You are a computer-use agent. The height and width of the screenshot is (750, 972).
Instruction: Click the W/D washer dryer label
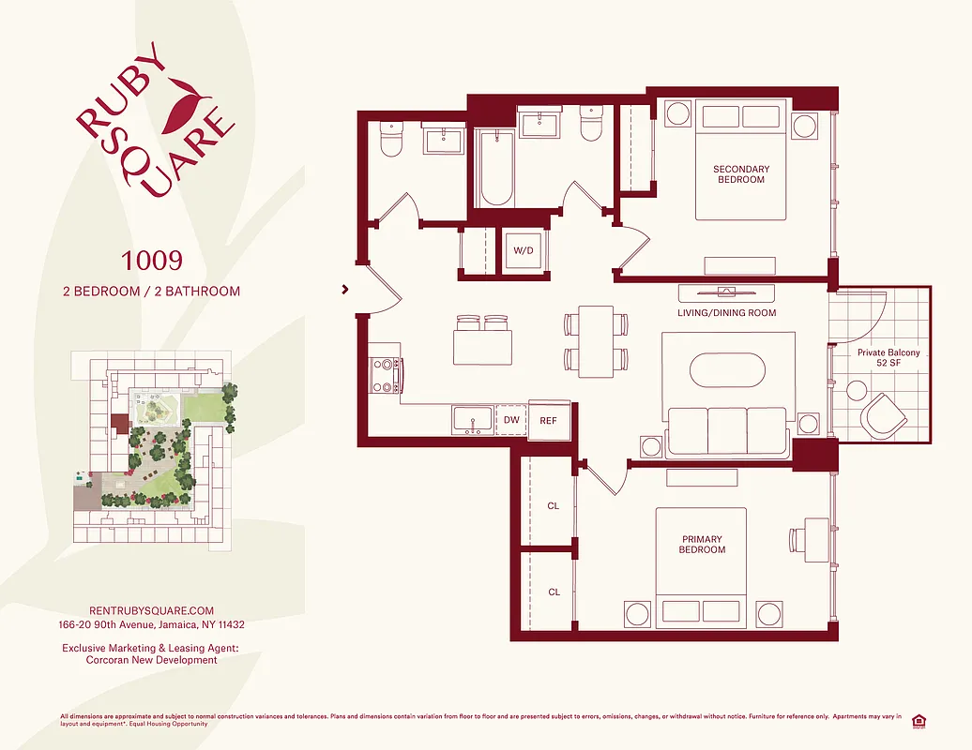[523, 251]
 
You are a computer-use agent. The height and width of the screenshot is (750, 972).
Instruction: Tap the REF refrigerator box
[548, 421]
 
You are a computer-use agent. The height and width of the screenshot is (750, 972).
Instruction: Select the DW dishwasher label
[511, 420]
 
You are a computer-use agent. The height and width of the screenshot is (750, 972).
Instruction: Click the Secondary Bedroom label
[740, 174]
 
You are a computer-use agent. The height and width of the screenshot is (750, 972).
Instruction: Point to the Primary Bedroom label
[701, 545]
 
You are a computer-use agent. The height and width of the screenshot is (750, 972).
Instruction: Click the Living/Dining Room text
[726, 313]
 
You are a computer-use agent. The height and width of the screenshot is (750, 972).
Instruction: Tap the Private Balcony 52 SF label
[888, 359]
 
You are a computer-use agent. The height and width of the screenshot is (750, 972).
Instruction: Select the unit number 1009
[151, 259]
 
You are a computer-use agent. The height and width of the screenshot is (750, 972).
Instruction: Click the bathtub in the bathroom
[496, 169]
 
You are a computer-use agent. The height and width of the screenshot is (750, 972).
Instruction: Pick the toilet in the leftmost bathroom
[389, 142]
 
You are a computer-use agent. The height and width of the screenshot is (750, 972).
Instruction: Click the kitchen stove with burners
[385, 375]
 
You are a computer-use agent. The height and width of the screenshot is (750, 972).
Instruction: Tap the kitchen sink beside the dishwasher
[471, 419]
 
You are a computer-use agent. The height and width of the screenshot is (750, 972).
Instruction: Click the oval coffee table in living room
[727, 369]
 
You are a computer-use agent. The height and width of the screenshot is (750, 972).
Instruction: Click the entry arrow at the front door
[346, 290]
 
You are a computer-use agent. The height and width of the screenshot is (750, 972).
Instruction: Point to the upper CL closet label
[553, 506]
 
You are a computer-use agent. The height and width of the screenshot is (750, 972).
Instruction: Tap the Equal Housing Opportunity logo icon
[918, 720]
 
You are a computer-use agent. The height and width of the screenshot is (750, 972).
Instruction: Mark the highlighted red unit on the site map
[119, 423]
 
